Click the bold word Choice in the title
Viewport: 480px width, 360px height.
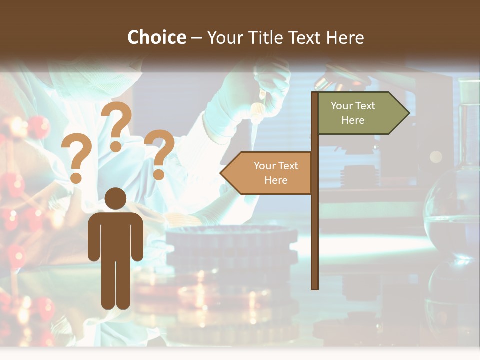[x=156, y=37]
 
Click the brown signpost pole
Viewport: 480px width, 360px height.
[x=315, y=225]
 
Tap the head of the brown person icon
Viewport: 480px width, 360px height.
[x=115, y=198]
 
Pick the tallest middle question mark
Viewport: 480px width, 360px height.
[x=116, y=126]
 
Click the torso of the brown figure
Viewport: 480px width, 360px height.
[x=115, y=235]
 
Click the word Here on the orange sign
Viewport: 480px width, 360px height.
[x=276, y=180]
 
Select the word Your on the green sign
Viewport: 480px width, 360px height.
[x=342, y=106]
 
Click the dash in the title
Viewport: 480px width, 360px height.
[x=196, y=37]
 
